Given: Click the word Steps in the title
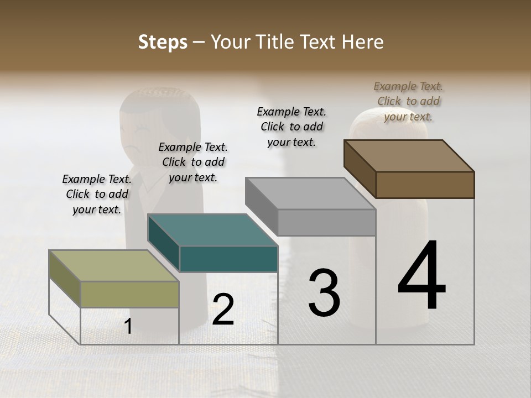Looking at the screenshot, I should pyautogui.click(x=162, y=42).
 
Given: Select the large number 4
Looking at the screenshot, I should pyautogui.click(x=422, y=276).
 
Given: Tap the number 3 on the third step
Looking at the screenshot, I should pyautogui.click(x=324, y=293).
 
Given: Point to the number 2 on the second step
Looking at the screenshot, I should pyautogui.click(x=223, y=310).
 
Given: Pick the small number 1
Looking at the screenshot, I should pyautogui.click(x=128, y=327).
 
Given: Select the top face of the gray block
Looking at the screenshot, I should pyautogui.click(x=310, y=193).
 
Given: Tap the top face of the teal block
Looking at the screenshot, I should pyautogui.click(x=212, y=230).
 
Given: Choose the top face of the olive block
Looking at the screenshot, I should pyautogui.click(x=114, y=266).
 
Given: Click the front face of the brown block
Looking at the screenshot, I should pyautogui.click(x=425, y=185).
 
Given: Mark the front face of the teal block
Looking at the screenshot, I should pyautogui.click(x=228, y=259).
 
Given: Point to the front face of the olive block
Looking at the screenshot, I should pyautogui.click(x=129, y=294).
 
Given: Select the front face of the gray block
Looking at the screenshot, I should pyautogui.click(x=326, y=222).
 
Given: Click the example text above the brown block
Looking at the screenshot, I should pyautogui.click(x=408, y=101).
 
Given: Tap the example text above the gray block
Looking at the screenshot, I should pyautogui.click(x=291, y=127).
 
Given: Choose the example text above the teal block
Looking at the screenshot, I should pyautogui.click(x=193, y=162).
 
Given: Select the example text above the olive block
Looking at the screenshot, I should pyautogui.click(x=97, y=194).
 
